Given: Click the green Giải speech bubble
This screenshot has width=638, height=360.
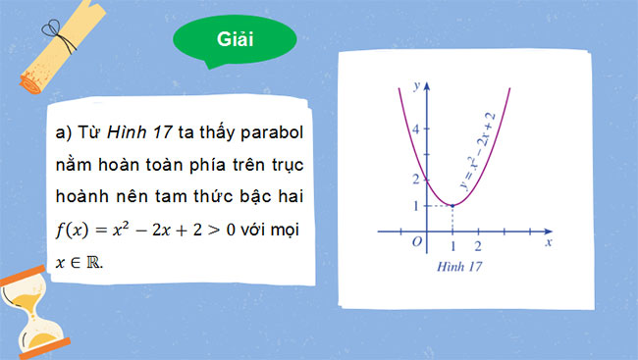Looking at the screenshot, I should click(235, 40).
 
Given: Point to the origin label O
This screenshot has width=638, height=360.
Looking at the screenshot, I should click(417, 242).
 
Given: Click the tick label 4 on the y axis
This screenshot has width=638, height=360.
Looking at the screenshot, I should click(416, 129).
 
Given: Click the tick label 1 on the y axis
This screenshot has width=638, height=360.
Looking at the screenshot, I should click(416, 205).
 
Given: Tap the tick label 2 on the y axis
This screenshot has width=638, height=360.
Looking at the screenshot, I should click(416, 180).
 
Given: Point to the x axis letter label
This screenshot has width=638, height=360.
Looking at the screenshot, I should click(548, 240).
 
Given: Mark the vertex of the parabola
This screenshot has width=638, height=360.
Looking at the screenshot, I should click(452, 205).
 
